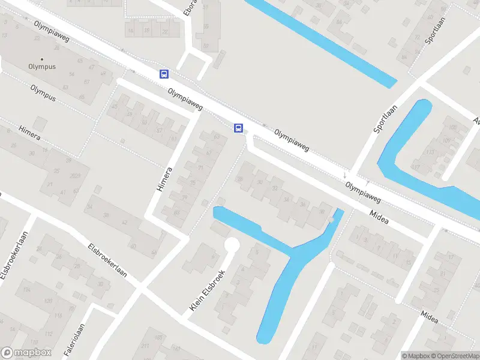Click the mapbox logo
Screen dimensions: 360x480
coord(26,353)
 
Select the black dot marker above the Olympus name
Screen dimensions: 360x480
coord(42,59)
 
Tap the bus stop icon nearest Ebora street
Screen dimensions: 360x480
coord(164,74)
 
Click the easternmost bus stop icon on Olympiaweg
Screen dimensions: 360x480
coord(238,128)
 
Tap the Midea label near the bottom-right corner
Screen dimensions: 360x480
coord(429,316)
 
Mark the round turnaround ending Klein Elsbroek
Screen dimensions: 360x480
coord(232,245)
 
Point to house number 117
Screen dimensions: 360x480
coord(415,167)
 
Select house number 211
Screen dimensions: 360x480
coord(144,346)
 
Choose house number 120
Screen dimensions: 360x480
coord(47,300)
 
